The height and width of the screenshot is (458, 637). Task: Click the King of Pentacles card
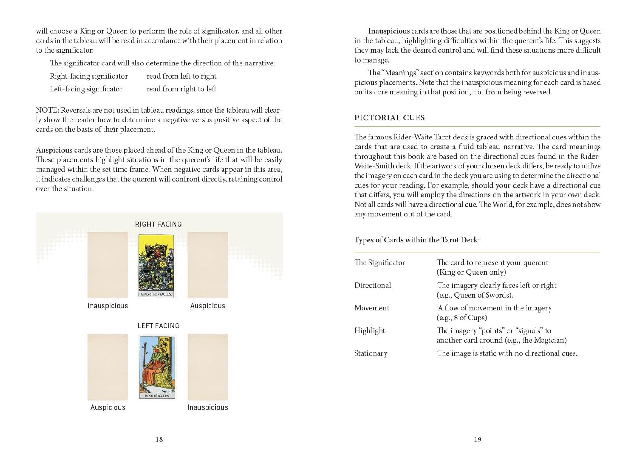coord(157,265)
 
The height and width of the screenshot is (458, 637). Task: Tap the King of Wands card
coord(157,367)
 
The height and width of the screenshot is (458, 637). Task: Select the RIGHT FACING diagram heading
coord(158,224)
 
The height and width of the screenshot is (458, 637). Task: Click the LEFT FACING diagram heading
coord(158,326)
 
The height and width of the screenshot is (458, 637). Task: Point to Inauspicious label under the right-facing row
coord(107,306)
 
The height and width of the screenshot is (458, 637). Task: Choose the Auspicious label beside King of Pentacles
coord(208,306)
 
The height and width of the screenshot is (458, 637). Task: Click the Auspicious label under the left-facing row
coord(108,407)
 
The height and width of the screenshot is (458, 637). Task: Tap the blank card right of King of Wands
coord(208,367)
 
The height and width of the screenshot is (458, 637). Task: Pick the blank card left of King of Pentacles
coord(107,265)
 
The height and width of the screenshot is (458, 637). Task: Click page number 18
coord(159,439)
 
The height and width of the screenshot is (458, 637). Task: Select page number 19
coord(478,439)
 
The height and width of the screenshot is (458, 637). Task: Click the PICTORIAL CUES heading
coord(389,118)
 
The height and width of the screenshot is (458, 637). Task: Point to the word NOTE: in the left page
coord(47,110)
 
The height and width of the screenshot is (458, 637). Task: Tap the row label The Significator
coord(380,262)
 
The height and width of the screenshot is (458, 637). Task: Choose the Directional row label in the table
coord(372,285)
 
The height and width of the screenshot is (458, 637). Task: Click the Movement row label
coord(372,308)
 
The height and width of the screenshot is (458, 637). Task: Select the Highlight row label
coord(369,330)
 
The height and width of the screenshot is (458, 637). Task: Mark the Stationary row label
coord(371,353)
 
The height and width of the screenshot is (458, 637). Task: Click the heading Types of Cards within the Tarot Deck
coord(417,240)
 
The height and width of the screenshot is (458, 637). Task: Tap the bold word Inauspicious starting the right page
coord(389,31)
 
